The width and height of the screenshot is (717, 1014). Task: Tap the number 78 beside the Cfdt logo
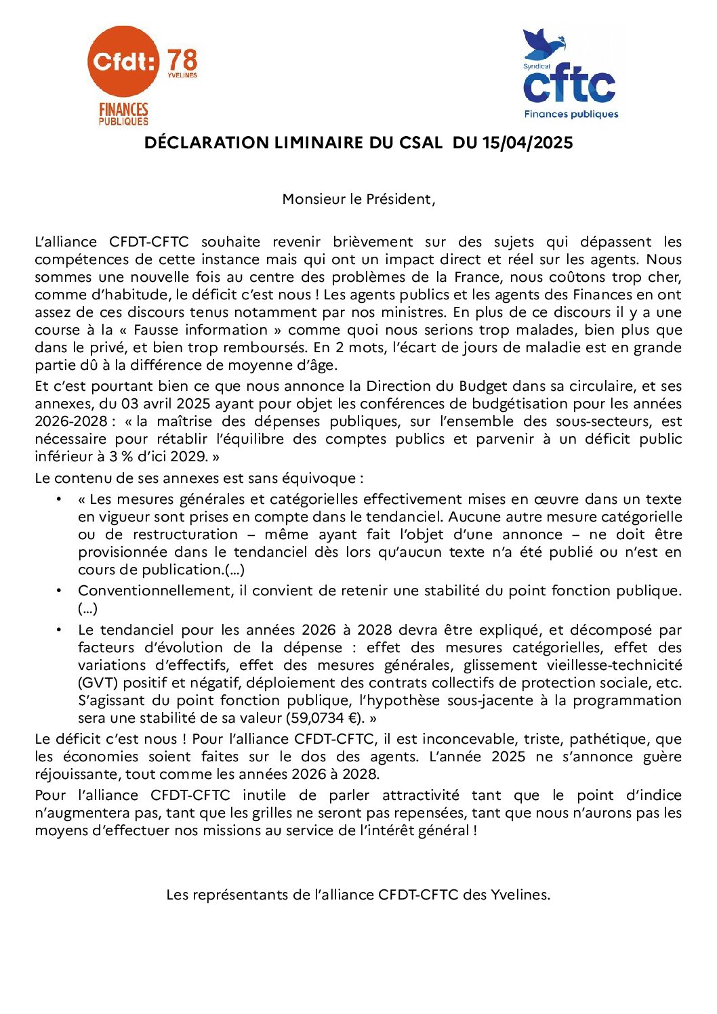tap(182, 60)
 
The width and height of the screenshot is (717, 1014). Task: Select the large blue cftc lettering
tap(569, 85)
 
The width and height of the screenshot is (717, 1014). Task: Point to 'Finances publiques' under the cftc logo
tap(571, 114)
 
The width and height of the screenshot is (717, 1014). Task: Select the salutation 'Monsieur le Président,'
tap(358, 199)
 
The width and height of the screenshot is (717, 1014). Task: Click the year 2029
tap(188, 457)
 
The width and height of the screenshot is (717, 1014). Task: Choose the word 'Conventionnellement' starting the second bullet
tap(155, 591)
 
